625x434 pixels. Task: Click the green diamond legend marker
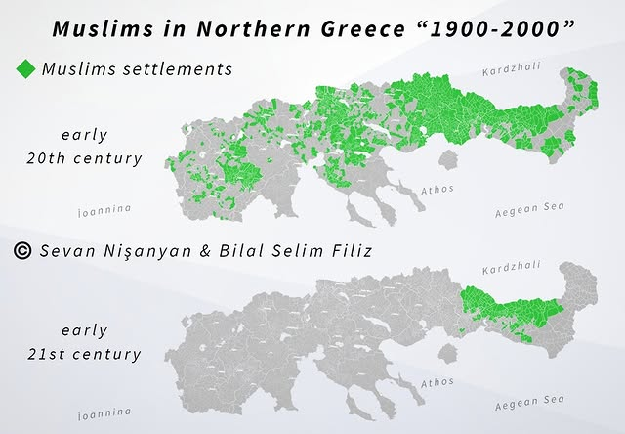[26, 69]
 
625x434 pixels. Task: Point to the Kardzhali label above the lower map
[510, 269]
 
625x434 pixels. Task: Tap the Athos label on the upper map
[437, 188]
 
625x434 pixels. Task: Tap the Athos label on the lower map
[437, 384]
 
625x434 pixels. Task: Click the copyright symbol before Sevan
[24, 251]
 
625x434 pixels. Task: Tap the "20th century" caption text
[84, 158]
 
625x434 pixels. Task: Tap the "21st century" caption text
[84, 354]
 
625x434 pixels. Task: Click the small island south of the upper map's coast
[450, 159]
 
